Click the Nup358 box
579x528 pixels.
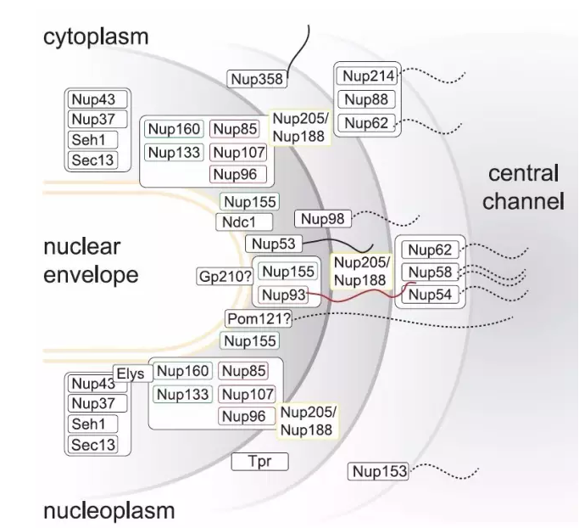(x=258, y=79)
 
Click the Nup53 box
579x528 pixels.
(x=273, y=244)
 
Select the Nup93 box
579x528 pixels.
(x=280, y=295)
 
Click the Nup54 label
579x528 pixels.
(x=431, y=295)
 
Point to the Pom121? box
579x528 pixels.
(x=259, y=318)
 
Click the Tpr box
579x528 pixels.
(x=260, y=462)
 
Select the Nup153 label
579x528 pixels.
(x=378, y=471)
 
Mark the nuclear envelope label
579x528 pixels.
(x=90, y=261)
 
